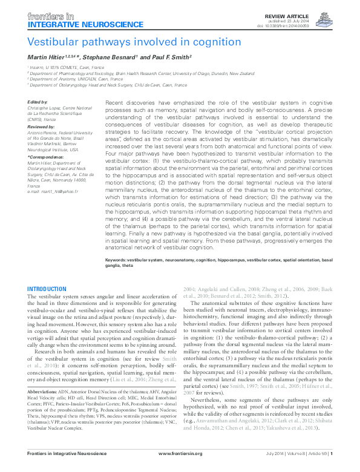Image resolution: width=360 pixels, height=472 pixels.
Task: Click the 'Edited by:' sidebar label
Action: [39, 102]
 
